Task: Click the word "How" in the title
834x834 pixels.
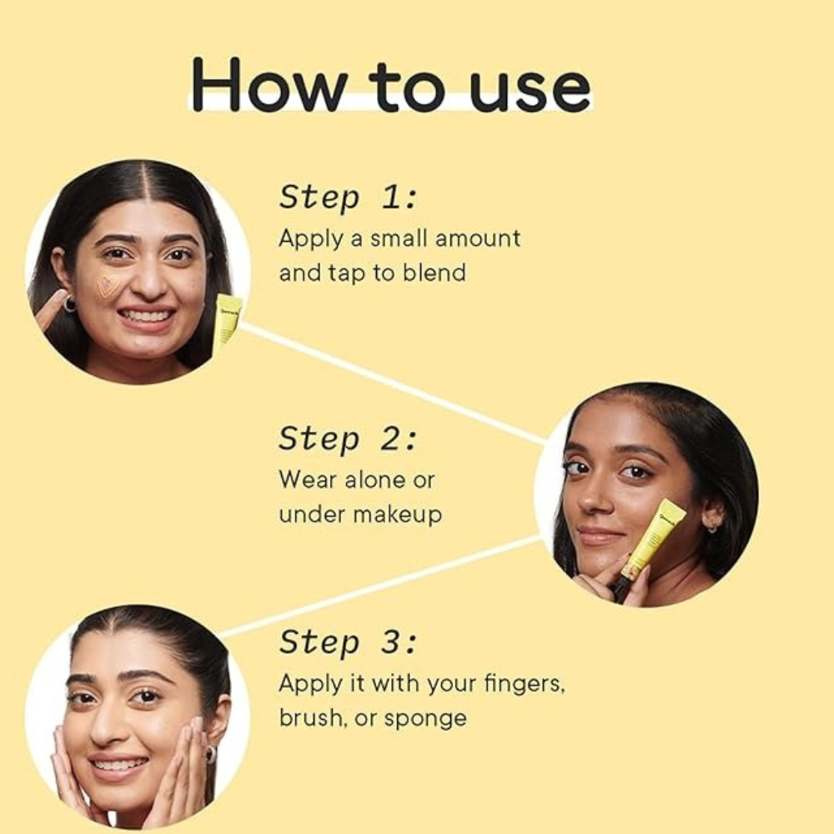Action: pos(269,85)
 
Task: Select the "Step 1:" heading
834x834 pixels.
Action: pos(349,198)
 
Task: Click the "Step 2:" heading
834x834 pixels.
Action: pos(349,440)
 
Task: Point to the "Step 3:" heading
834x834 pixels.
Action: pos(349,642)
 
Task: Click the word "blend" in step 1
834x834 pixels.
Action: pos(434,273)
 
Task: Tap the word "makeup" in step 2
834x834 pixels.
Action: pos(397,515)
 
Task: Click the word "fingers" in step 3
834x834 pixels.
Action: pos(524,684)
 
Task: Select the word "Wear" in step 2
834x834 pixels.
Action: pos(308,480)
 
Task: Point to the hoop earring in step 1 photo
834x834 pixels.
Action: pos(70,304)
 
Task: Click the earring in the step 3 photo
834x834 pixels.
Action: pos(211,755)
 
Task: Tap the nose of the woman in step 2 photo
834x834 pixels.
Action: pos(592,500)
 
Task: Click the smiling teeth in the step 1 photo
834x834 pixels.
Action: pos(147,316)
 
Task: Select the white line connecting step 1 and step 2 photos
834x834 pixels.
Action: pos(393,383)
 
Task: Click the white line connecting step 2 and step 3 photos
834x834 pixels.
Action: pos(381,586)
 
